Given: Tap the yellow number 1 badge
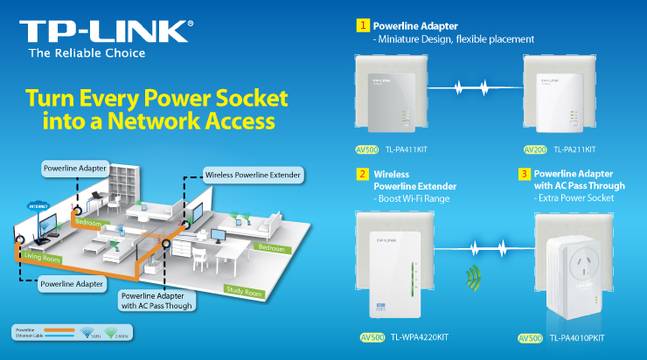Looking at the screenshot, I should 361,26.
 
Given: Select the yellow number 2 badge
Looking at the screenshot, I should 361,175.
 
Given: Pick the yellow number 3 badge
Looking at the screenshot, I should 525,174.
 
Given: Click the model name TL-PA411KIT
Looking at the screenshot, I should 407,150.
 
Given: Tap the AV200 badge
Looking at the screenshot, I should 535,150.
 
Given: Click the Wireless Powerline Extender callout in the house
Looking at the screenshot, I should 253,175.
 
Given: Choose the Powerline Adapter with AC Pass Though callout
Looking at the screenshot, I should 157,300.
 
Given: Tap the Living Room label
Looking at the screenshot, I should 41,256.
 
